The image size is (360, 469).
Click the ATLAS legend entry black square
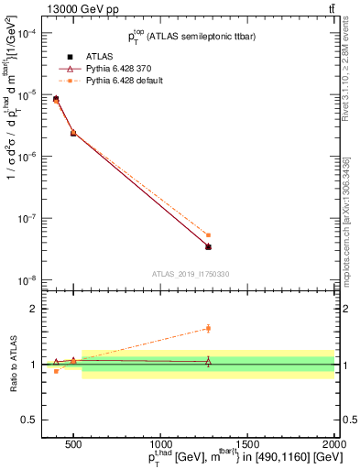pos(57,55)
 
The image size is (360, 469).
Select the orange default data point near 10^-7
pos(208,235)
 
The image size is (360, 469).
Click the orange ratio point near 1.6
pos(208,328)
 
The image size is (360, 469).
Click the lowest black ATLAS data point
pos(208,246)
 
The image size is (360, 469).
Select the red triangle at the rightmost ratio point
pos(208,362)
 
